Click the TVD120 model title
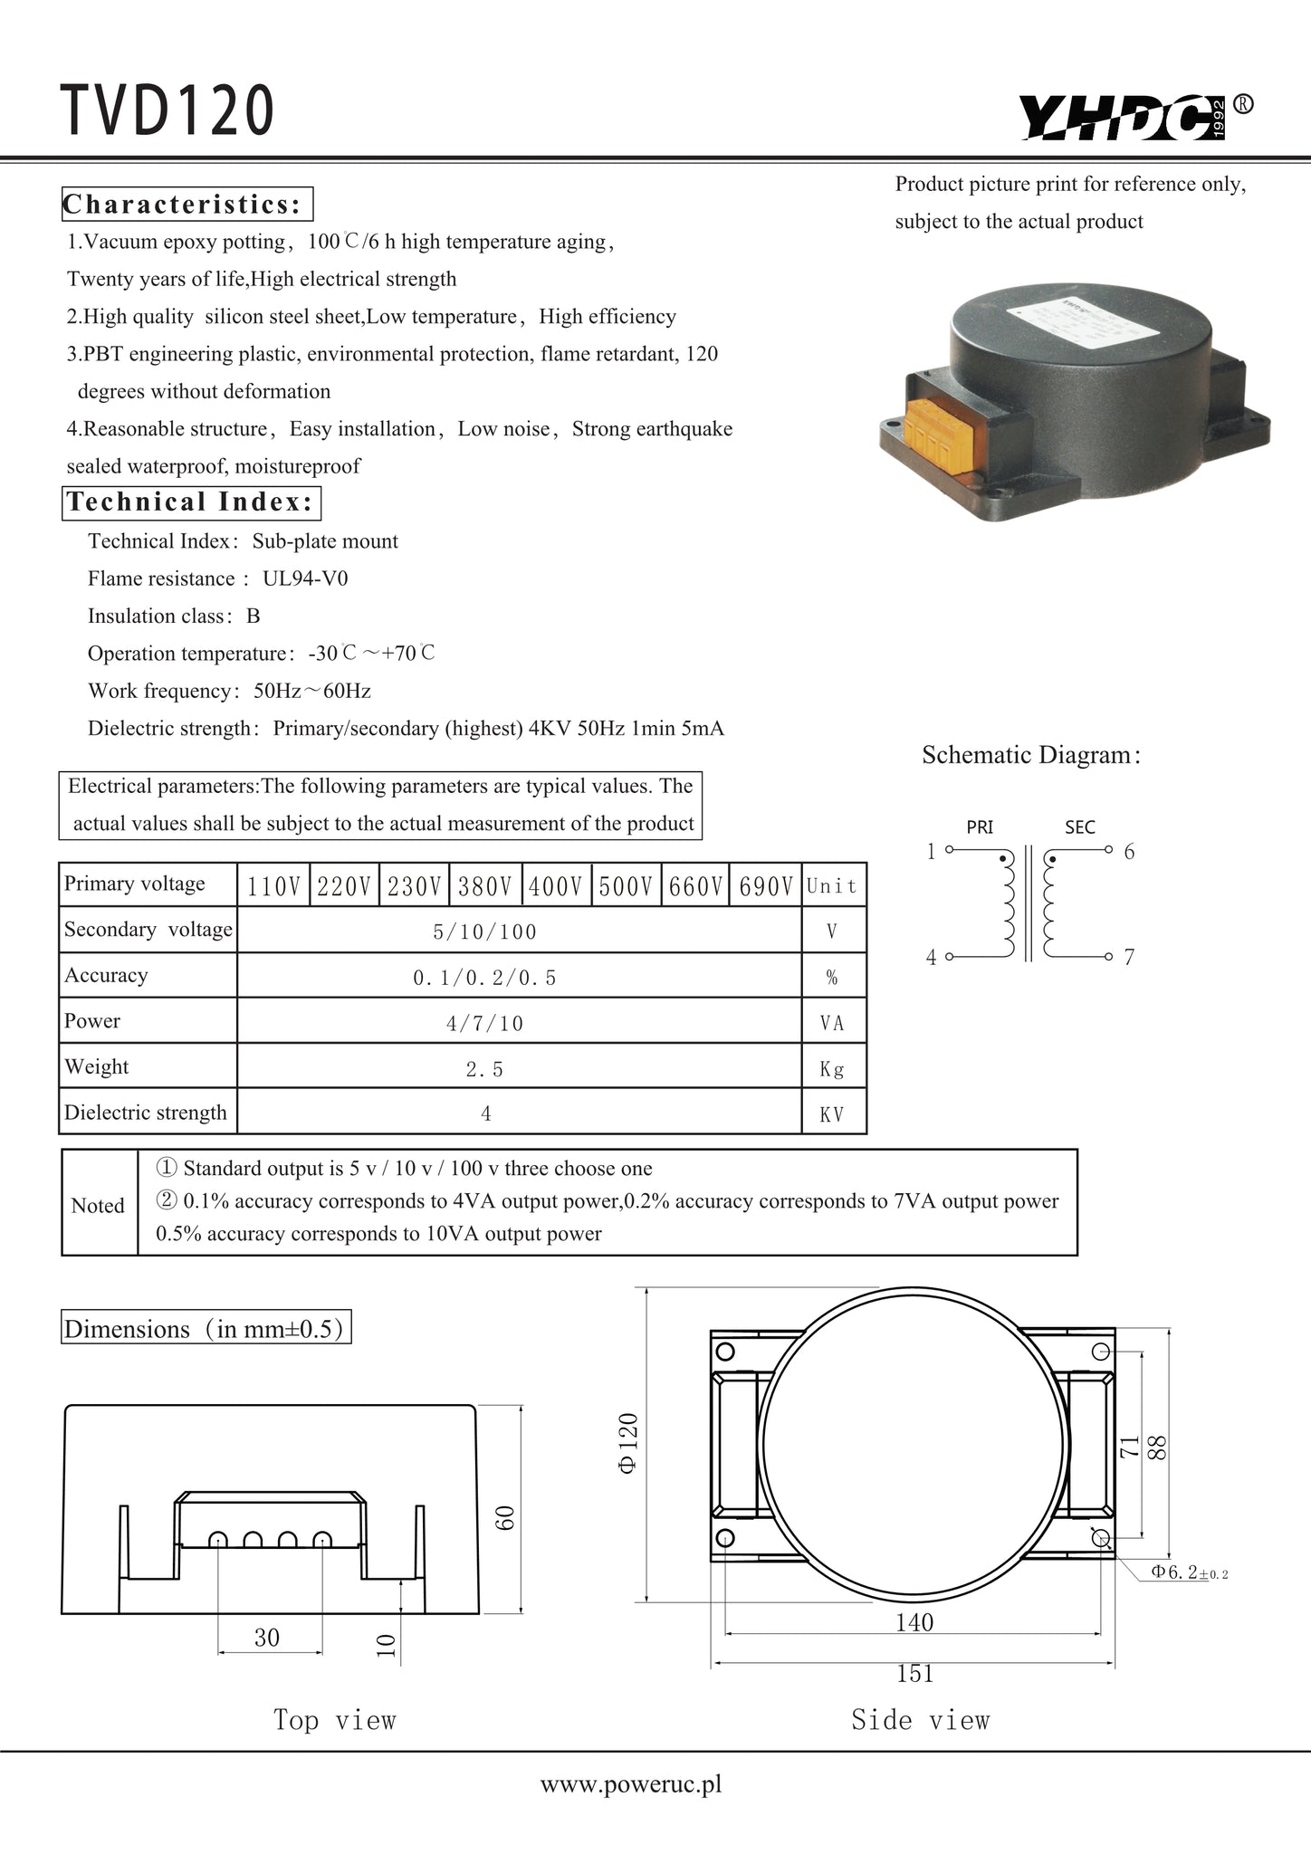167,111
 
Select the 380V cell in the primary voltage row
485,886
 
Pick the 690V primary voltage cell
766,886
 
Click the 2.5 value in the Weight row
484,1069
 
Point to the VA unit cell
832,1023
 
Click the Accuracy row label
106,975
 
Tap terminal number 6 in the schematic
1129,851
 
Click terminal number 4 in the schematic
931,958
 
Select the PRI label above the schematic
980,827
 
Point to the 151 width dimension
914,1674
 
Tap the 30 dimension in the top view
267,1638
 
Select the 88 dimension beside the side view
1156,1447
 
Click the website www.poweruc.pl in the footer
631,1784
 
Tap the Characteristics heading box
187,205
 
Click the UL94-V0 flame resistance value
305,578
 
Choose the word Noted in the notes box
98,1206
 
